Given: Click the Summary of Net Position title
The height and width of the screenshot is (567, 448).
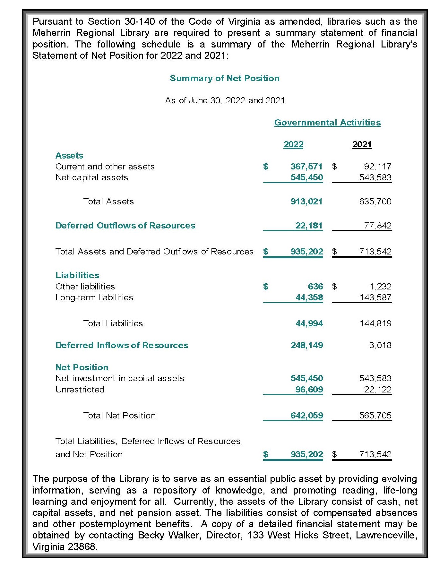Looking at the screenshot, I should pos(224,78).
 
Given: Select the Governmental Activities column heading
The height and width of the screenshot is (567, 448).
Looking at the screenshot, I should pos(327,123).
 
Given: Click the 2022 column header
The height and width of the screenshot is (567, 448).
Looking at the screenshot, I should pos(293,144).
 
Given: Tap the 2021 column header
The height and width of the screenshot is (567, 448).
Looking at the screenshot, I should pos(362,144).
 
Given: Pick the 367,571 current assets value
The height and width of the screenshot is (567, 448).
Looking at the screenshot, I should pos(306,167).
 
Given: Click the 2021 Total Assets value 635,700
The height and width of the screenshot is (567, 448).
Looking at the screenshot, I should pos(375,202).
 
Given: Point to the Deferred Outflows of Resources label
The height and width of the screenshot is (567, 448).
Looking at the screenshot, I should pos(125,226).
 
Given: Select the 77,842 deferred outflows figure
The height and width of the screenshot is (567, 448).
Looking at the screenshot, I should pos(378,226).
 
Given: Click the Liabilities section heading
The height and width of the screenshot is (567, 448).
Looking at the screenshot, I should pos(77,275).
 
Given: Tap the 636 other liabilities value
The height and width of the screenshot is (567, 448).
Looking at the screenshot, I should pos(315,286).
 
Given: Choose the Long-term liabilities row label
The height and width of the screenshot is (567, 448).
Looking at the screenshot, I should pos(94,297).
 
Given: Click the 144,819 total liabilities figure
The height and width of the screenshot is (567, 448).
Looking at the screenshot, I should pos(375,323).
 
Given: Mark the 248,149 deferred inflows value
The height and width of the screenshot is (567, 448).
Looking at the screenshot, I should pos(306,345).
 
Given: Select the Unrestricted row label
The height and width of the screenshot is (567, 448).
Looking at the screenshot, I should pos(80,390).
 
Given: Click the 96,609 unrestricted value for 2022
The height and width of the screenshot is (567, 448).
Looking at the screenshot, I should pos(309,390).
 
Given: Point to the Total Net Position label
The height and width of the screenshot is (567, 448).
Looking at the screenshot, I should pos(119,416).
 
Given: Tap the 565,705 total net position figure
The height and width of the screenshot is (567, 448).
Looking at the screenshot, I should pos(375,416).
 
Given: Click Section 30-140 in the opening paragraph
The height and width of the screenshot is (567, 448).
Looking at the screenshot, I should pos(121,21).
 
